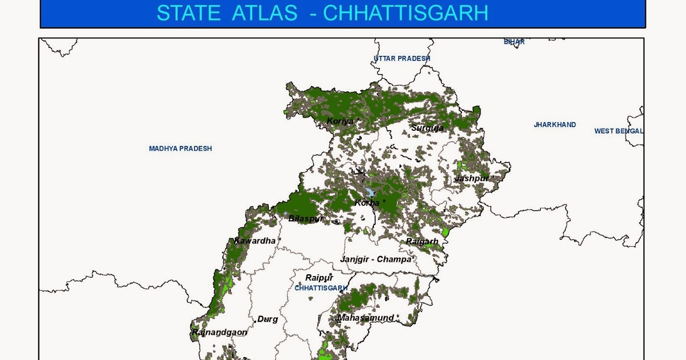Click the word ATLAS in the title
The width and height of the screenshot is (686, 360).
tap(264, 13)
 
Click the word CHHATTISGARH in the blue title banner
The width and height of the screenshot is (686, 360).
tap(405, 13)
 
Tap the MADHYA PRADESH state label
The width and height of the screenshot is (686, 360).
tap(180, 149)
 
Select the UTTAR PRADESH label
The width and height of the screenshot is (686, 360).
tap(402, 59)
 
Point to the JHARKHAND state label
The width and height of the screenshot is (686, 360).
tap(555, 125)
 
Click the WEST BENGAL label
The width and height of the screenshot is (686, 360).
tap(619, 131)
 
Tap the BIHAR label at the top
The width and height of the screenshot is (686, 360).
tap(514, 42)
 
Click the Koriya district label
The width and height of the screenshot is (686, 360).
tap(341, 121)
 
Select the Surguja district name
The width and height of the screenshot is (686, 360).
tap(427, 128)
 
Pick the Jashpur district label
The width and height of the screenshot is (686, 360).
tap(472, 178)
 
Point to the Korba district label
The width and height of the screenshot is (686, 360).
tap(368, 203)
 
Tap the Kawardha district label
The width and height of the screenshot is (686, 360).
tap(255, 241)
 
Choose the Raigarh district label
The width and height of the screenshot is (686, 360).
tap(422, 242)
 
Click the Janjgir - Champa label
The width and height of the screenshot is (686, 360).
tap(376, 259)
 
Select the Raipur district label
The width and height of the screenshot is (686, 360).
tap(319, 278)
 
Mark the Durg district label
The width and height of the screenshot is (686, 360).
tap(268, 319)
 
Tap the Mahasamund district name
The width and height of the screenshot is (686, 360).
tap(366, 318)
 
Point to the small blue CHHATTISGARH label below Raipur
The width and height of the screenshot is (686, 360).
tap(321, 288)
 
